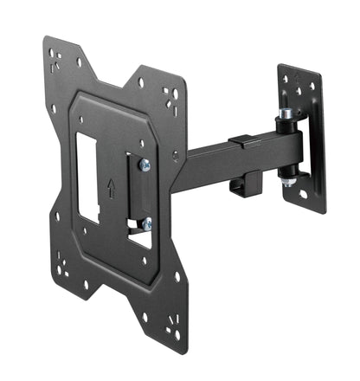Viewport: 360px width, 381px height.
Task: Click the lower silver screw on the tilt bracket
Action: tap(147, 223)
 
